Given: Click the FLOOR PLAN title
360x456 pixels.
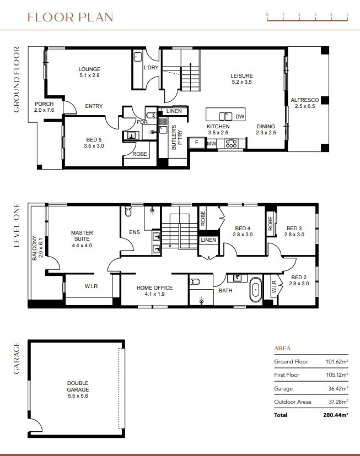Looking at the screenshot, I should pos(70,17).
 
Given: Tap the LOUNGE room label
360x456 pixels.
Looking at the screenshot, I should pos(89,72).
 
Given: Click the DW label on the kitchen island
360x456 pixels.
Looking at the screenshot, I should pos(239,117).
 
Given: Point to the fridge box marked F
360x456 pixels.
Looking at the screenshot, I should pos(196,143).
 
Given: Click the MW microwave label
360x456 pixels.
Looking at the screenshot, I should pos(211,144).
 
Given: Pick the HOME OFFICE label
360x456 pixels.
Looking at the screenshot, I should pos(154,291).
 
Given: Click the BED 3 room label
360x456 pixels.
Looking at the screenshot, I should pos(294,231).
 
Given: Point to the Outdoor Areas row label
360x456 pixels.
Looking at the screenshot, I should pos(292,401).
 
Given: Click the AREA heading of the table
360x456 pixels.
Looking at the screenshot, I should pos(282,349).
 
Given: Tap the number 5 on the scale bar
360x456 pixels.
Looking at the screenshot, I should pos(347,14).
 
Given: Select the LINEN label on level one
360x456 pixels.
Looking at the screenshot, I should pos(208,240).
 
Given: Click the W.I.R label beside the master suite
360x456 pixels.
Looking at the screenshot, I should pos(92,286).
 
